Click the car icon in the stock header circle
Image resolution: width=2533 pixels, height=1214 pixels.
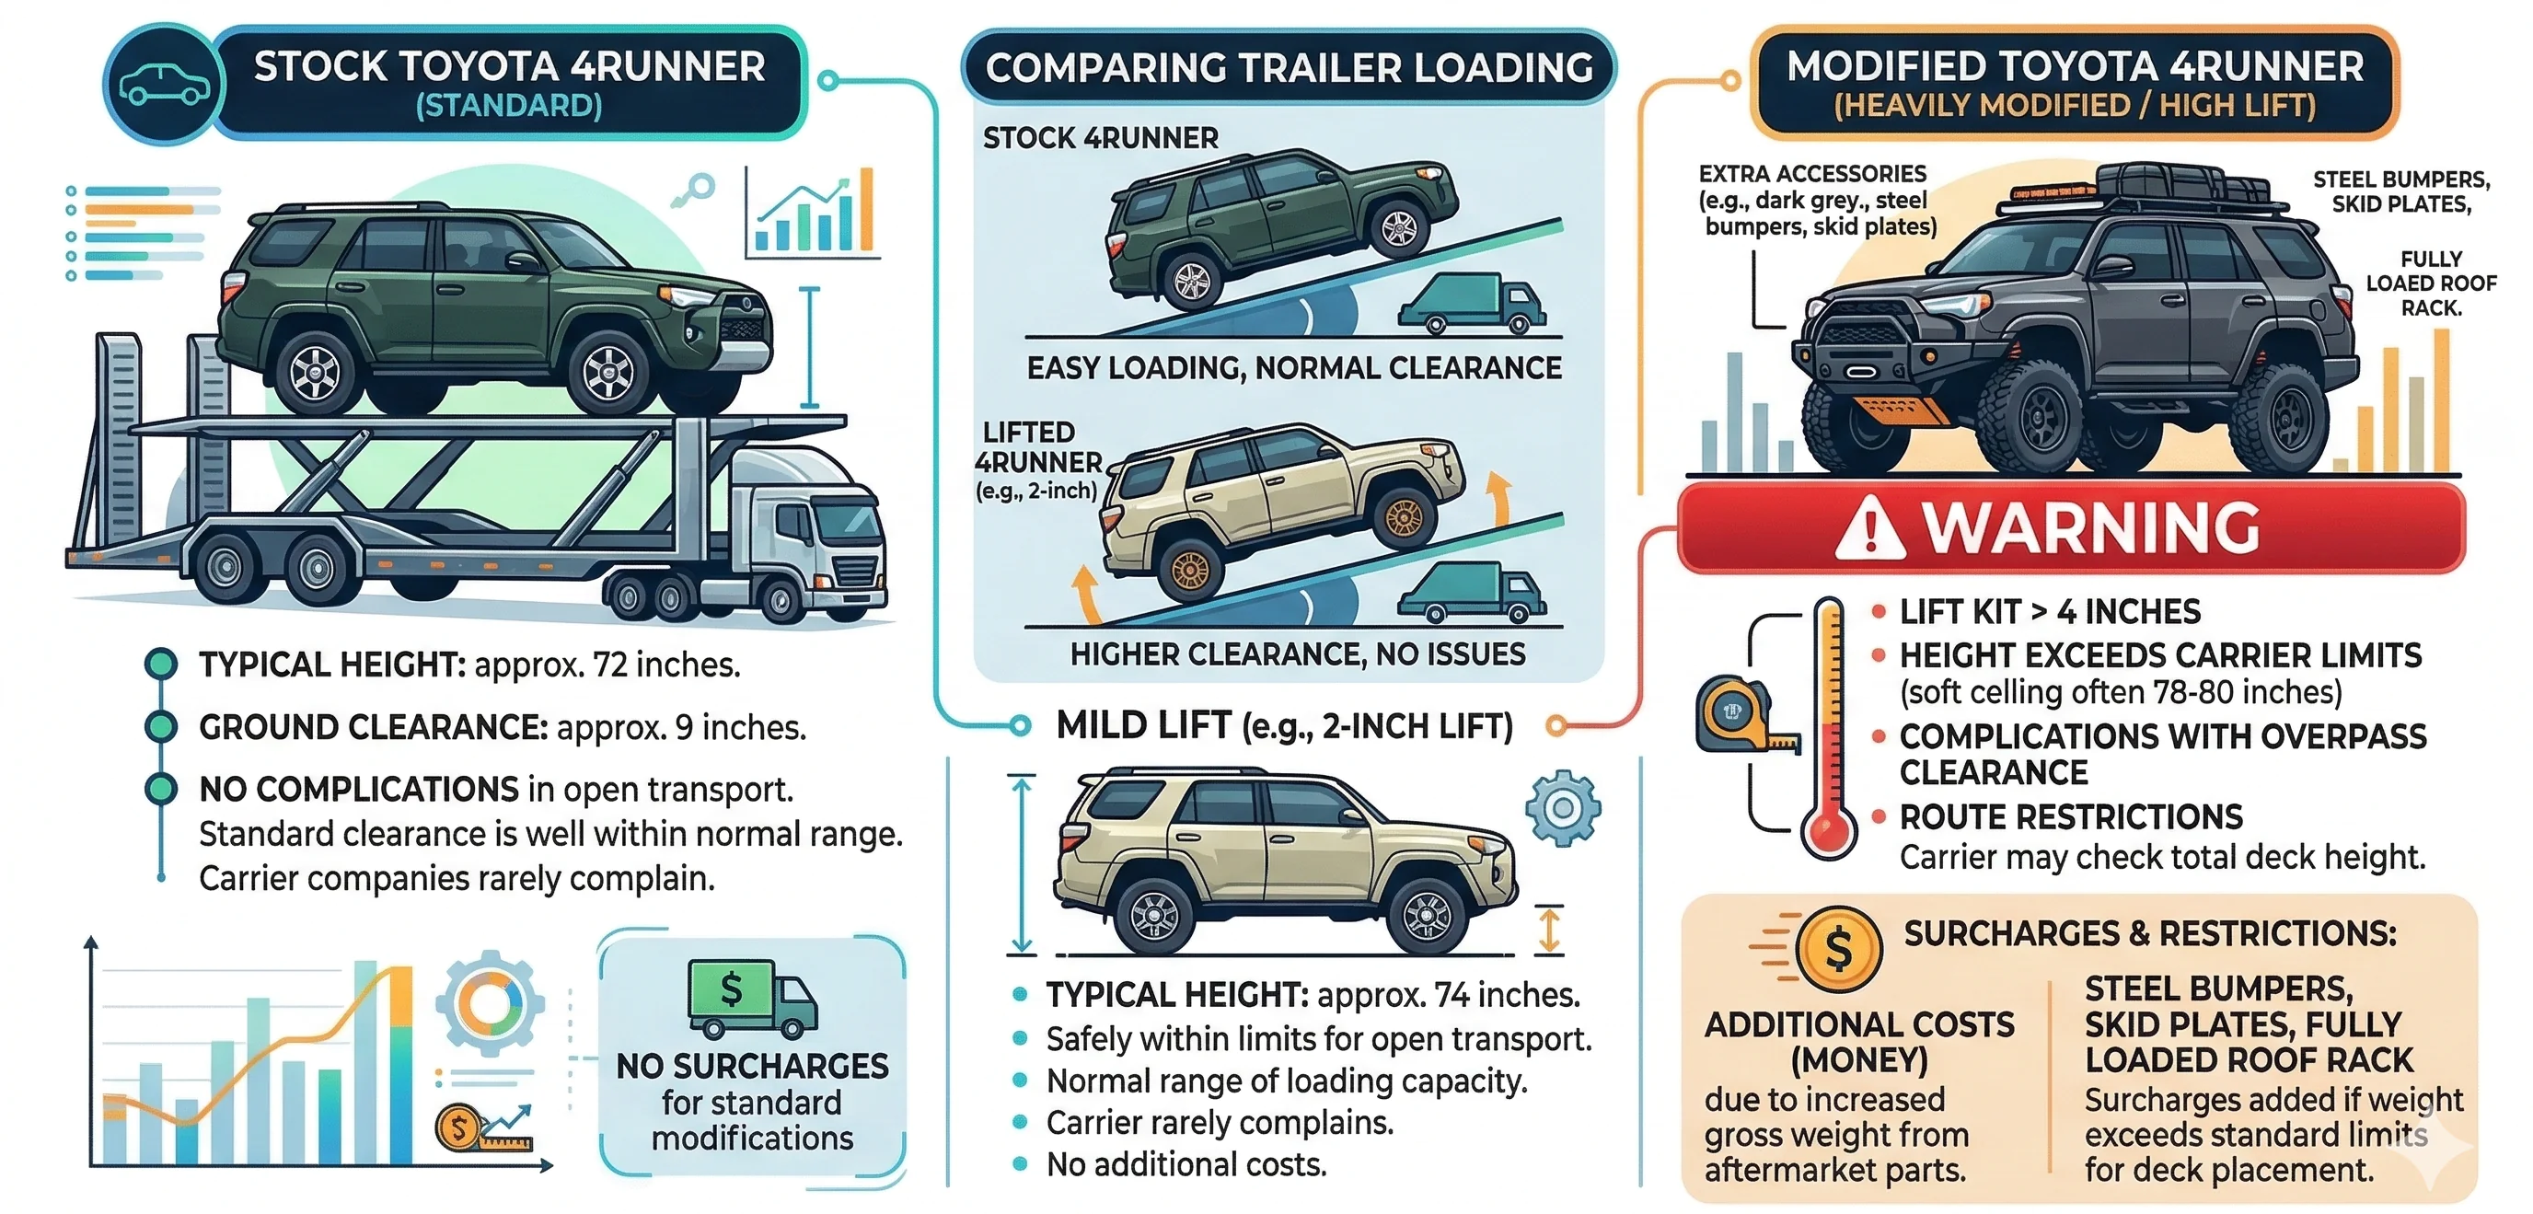coord(163,85)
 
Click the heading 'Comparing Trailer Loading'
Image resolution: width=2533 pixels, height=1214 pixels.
coord(1289,68)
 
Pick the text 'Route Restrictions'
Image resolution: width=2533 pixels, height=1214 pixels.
coord(2070,817)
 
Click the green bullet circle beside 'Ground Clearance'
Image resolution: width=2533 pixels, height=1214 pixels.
coord(160,727)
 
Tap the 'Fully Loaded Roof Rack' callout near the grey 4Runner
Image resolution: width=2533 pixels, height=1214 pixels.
coord(2430,283)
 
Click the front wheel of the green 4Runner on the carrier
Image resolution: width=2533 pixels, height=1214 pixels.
coord(607,372)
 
